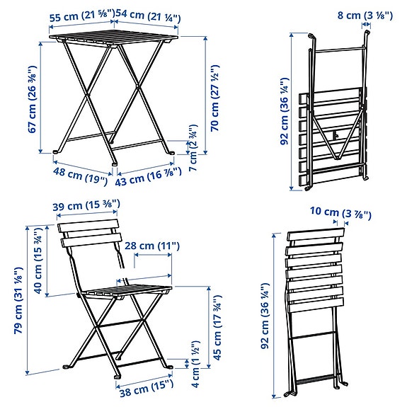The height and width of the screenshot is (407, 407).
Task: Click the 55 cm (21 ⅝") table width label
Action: pos(82,16)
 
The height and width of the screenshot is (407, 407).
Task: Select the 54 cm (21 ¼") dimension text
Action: pos(148,16)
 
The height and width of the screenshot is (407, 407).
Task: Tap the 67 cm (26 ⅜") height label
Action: pos(33,99)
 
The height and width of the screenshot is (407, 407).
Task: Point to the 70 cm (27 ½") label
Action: pos(215,98)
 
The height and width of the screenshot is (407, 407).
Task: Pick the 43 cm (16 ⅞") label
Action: pos(148,176)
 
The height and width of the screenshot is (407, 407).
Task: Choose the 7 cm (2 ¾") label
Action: pos(193,148)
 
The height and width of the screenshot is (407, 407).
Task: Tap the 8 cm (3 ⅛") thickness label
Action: pos(365,16)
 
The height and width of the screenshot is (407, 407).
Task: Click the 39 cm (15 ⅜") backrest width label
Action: pos(86,205)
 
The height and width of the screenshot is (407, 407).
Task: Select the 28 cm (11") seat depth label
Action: pos(152,246)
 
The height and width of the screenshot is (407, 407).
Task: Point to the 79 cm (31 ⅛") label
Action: pos(18,300)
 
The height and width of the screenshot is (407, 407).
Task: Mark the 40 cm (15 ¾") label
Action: pos(38,261)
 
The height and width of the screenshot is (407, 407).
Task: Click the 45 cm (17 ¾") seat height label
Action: pos(217,327)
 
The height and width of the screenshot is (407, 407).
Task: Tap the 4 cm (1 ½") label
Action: pos(195,364)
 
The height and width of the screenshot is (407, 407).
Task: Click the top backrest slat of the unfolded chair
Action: pos(88,225)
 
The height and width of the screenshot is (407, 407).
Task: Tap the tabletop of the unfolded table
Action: pos(114,39)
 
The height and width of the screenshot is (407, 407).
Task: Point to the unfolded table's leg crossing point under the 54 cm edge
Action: pos(138,86)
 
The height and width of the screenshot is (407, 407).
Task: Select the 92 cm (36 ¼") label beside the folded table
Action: pos(285,111)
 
